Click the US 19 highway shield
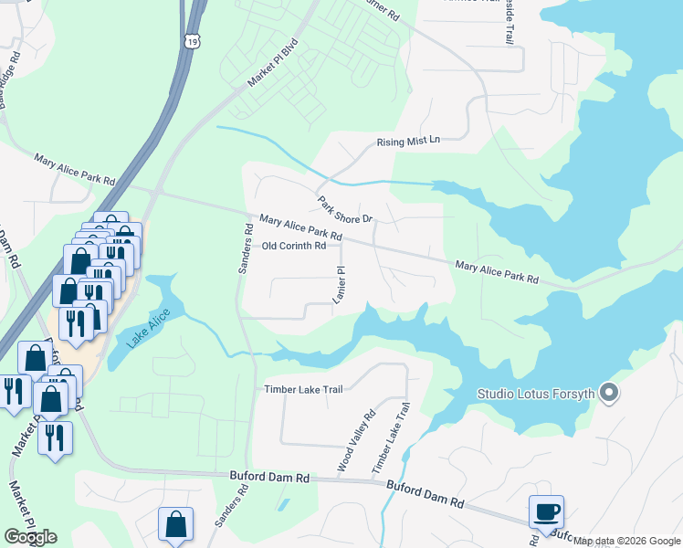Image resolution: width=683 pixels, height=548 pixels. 191,37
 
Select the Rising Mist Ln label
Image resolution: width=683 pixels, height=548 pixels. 408,141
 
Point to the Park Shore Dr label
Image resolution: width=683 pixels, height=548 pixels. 346,210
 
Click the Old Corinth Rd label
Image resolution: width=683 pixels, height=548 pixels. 294,246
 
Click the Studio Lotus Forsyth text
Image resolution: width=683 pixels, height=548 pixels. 536,395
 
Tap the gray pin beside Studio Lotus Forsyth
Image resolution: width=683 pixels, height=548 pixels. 611,395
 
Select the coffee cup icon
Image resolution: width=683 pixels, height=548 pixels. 547,511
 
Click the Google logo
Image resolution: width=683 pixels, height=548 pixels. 31,537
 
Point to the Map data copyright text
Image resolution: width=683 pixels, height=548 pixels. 626,542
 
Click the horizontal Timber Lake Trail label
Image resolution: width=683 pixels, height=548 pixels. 303,389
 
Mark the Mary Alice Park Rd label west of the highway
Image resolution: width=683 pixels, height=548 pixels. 75,169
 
